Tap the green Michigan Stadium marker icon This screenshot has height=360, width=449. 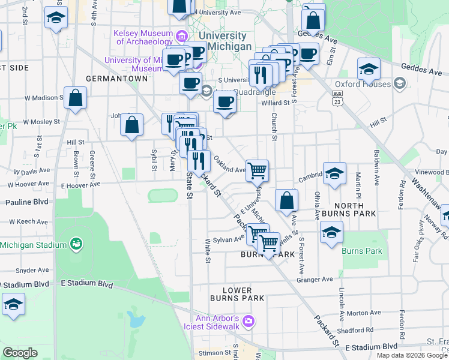(x=76, y=244)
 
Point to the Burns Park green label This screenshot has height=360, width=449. (x=362, y=251)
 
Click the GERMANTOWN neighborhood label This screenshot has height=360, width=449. (x=116, y=79)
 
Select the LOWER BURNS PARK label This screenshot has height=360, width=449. (x=237, y=293)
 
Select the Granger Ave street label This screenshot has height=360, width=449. (x=318, y=280)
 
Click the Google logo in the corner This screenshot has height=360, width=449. (x=20, y=353)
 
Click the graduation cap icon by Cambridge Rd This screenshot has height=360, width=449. (x=334, y=173)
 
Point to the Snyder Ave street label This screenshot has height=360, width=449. (x=27, y=270)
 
